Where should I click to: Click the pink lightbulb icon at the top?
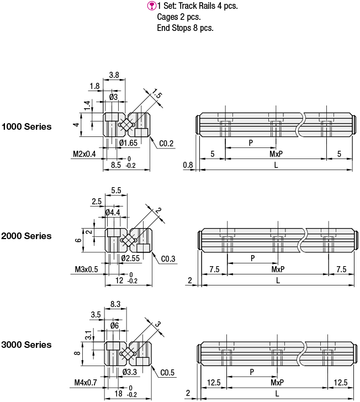click(x=151, y=6)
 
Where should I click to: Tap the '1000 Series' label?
click(x=27, y=126)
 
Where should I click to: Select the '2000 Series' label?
click(x=26, y=236)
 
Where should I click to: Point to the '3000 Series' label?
click(x=26, y=345)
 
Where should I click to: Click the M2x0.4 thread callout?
click(x=84, y=154)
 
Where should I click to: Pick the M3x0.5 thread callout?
click(x=86, y=269)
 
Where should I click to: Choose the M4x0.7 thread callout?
click(x=86, y=383)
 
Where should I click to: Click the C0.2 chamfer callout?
click(x=166, y=144)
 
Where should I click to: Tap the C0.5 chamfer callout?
click(x=167, y=373)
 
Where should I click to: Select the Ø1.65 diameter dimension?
click(x=128, y=143)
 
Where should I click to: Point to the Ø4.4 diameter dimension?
click(x=113, y=212)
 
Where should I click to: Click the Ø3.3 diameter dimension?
click(x=130, y=372)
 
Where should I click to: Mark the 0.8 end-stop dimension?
click(x=188, y=165)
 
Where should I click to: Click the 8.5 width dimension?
click(x=116, y=165)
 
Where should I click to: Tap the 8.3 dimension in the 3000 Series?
click(x=115, y=304)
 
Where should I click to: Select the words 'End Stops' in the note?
click(x=174, y=28)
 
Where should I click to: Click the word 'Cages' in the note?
click(x=167, y=17)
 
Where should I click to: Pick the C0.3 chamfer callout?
click(x=168, y=259)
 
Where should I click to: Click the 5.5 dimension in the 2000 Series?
click(x=116, y=191)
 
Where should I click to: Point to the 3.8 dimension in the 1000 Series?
click(x=114, y=75)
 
